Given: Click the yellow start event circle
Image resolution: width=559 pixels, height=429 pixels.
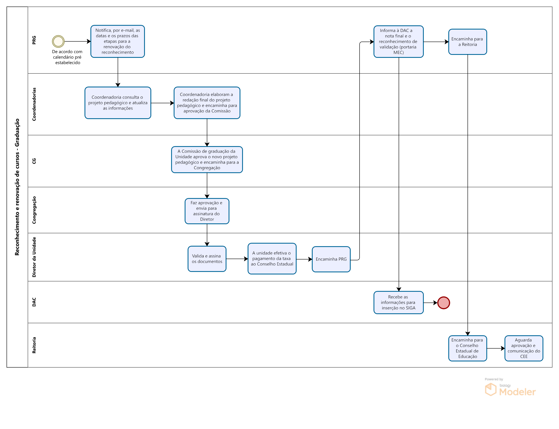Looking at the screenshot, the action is click(x=58, y=41).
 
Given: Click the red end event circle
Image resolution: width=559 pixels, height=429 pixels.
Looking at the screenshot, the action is click(x=443, y=303).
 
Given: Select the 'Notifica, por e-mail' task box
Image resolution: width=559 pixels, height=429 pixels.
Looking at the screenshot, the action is click(x=118, y=41).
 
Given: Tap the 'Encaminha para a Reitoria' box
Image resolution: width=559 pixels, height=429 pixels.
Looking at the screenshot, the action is click(x=468, y=42).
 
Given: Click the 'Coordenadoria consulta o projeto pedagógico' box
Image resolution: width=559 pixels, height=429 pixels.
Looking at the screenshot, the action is click(x=118, y=103).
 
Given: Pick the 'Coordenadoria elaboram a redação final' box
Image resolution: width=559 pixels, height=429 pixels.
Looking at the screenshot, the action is click(x=207, y=103).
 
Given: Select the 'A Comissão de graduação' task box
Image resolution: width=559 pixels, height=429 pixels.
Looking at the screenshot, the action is click(x=207, y=160).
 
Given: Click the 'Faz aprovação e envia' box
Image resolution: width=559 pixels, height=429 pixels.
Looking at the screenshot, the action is click(x=207, y=211).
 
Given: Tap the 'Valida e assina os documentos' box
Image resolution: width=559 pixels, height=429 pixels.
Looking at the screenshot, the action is click(x=207, y=259).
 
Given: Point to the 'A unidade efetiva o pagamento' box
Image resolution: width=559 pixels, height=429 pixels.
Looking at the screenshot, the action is click(x=272, y=259).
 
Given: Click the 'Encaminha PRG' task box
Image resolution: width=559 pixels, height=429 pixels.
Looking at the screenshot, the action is click(x=331, y=259).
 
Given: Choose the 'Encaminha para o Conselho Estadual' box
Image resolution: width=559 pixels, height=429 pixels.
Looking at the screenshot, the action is click(x=468, y=348).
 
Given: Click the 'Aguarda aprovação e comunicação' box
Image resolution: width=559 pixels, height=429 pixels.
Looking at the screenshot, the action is click(x=524, y=348).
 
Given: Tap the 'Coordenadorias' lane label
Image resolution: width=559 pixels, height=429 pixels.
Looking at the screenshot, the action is click(x=34, y=104).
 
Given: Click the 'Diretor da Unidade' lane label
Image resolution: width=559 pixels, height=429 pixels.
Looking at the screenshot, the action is click(x=34, y=257).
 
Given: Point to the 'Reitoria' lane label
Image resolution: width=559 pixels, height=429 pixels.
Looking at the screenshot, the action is click(x=34, y=345).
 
